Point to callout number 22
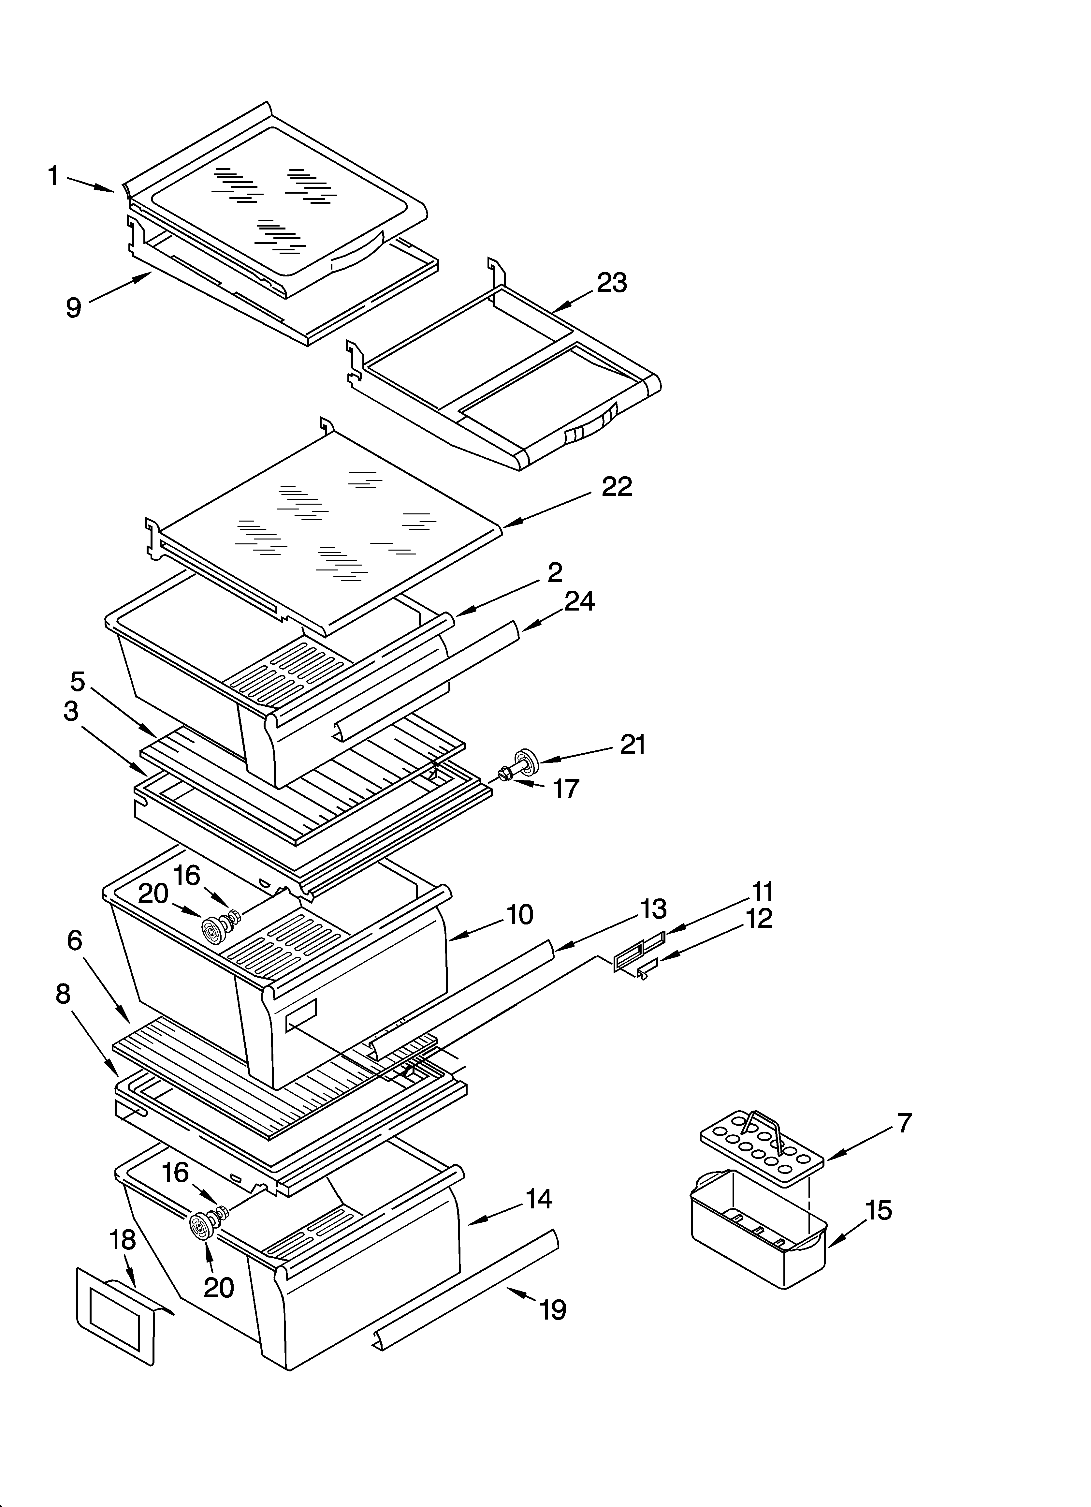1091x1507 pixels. [617, 487]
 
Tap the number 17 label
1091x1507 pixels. [566, 789]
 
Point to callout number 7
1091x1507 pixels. [904, 1123]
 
